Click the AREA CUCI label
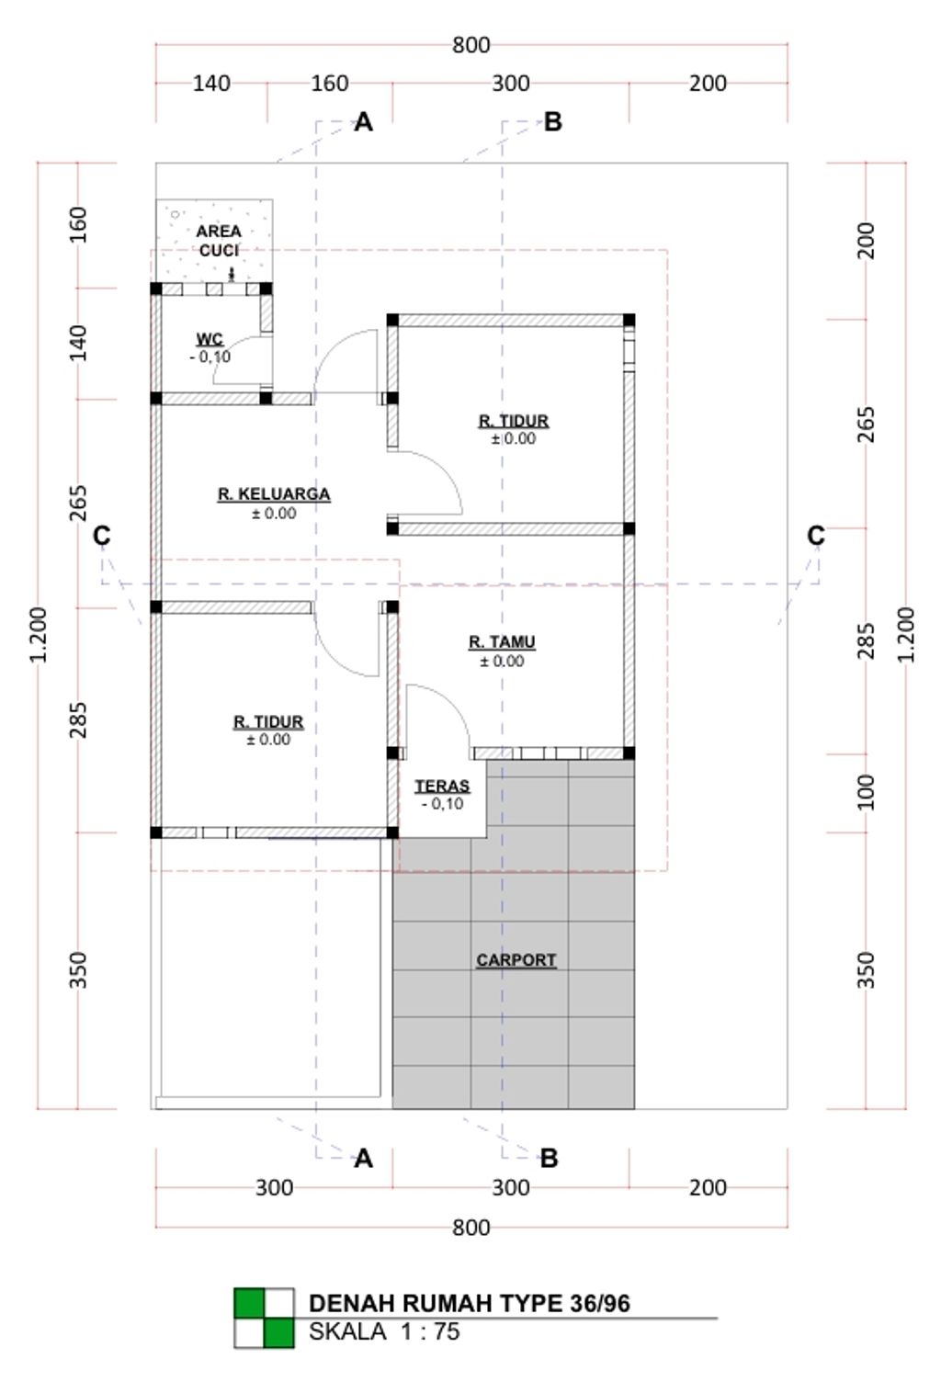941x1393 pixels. click(219, 241)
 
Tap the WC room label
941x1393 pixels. click(210, 340)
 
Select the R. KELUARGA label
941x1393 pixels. click(273, 494)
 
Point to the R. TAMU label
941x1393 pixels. click(502, 642)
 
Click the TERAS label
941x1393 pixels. click(442, 787)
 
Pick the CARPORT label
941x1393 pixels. click(516, 960)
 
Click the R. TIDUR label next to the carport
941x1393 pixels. click(268, 722)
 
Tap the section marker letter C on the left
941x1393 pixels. click(101, 535)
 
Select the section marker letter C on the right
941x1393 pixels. click(815, 535)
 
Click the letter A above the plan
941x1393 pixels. click(364, 122)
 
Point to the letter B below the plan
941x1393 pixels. click(549, 1158)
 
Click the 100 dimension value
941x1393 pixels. click(866, 792)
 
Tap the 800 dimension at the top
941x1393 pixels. click(470, 45)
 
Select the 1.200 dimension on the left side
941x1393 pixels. click(38, 634)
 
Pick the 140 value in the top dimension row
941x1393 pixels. click(210, 84)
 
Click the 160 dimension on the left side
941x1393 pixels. click(78, 225)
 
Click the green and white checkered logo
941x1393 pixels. click(265, 1318)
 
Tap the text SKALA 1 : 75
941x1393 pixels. click(384, 1331)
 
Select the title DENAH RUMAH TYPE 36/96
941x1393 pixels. click(469, 1303)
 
